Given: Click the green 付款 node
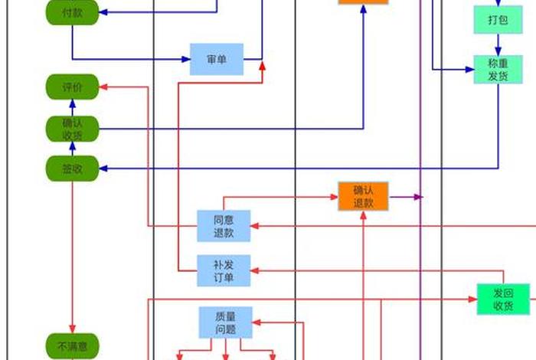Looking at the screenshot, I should point(72,13).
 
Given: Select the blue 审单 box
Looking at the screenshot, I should point(217,59).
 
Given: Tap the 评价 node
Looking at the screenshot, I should point(72,87).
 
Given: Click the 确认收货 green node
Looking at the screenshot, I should point(72,129).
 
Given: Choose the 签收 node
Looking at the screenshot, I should point(72,169).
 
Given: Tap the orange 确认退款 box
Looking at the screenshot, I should point(363,197).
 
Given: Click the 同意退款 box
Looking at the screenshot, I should point(224,226).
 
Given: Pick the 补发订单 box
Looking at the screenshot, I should point(224,270).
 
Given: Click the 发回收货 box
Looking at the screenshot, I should point(502,299).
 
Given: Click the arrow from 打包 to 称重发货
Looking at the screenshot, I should point(498,45).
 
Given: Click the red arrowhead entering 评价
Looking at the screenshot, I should point(104,87).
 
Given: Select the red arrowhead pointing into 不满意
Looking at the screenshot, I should point(72,329).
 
